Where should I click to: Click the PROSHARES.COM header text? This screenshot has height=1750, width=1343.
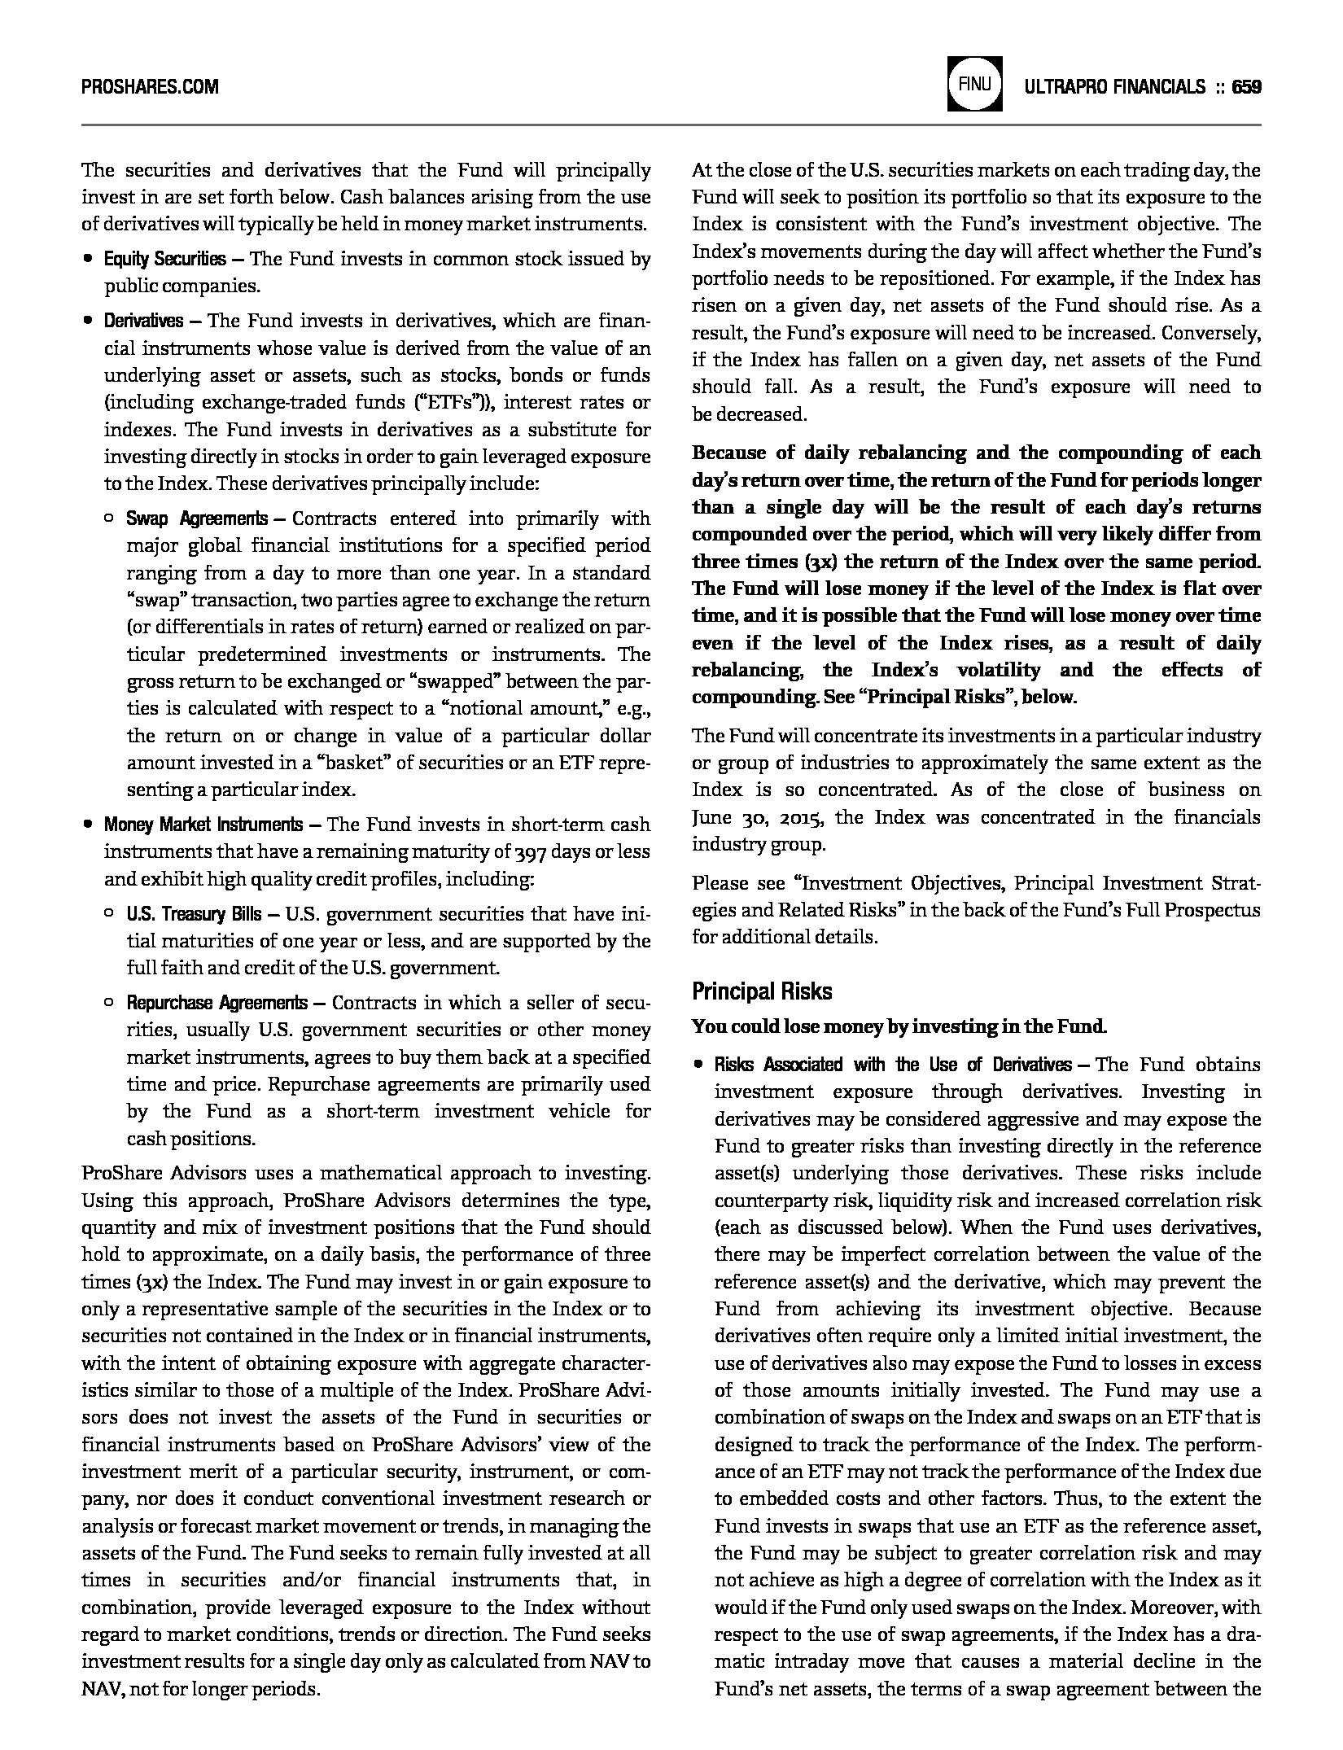[x=150, y=86]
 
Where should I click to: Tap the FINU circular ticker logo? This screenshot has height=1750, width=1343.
[x=974, y=84]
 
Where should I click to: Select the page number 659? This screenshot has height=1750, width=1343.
[x=1246, y=86]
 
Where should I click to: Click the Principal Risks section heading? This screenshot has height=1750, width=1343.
[x=762, y=991]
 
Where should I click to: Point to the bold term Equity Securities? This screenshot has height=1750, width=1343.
[x=164, y=260]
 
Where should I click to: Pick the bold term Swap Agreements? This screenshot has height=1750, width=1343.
[x=196, y=519]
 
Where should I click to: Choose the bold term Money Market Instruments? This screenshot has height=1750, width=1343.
[x=203, y=825]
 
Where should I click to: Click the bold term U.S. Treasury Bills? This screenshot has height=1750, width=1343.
[x=194, y=914]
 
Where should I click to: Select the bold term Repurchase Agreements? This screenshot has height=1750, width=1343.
[x=217, y=1003]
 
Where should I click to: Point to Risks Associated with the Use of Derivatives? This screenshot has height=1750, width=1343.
[x=893, y=1065]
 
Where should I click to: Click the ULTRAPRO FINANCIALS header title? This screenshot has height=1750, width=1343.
[x=1114, y=86]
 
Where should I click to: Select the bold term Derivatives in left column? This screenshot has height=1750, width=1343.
[x=143, y=321]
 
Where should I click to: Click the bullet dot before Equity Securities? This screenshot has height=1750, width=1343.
[x=87, y=260]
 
